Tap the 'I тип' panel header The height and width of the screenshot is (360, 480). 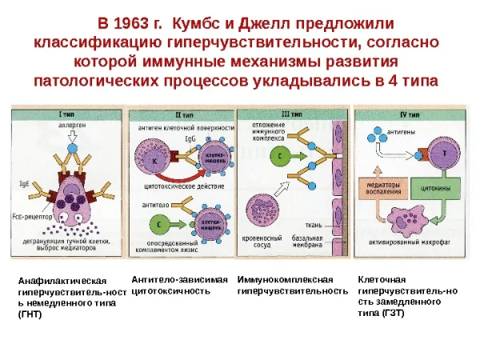pos(67,115)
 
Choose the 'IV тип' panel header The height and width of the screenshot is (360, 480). pos(411,115)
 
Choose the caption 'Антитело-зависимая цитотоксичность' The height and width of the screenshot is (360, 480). pos(179,286)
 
